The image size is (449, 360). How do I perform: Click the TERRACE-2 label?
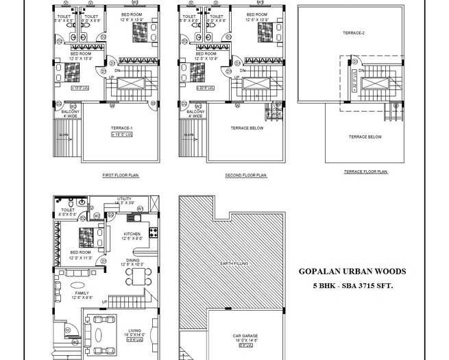point(354,33)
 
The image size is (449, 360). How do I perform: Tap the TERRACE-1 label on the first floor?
point(121,128)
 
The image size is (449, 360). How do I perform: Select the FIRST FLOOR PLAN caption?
point(120,176)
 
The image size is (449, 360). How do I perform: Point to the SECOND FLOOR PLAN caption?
point(245,176)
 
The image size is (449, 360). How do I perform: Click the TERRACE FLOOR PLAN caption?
point(365,171)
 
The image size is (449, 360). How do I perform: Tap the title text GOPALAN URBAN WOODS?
point(352,272)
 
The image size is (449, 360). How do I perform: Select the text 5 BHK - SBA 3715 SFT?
point(352,285)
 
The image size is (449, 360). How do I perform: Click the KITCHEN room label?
point(132,234)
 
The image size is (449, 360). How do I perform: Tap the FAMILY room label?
point(82,293)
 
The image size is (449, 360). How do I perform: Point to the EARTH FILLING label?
point(230,263)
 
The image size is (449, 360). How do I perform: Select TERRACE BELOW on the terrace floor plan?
point(365,137)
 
